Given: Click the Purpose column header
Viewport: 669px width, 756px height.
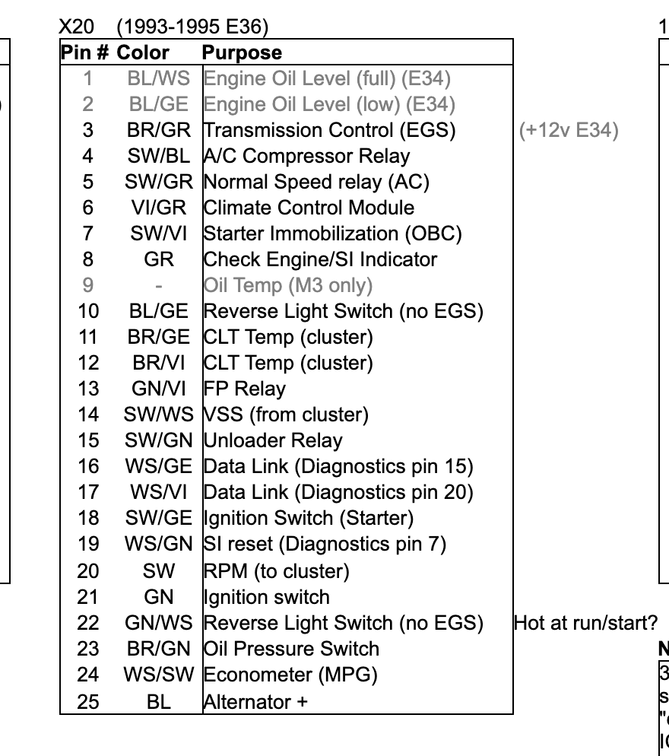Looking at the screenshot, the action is (x=242, y=52).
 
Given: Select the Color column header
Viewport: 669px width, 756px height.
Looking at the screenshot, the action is (x=143, y=52).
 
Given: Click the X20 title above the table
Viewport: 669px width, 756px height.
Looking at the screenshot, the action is (x=77, y=27).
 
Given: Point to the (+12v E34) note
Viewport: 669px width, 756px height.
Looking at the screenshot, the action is (x=569, y=130).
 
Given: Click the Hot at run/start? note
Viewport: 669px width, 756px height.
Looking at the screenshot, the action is (x=585, y=623).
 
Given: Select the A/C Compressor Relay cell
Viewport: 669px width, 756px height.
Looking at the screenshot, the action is (x=307, y=156).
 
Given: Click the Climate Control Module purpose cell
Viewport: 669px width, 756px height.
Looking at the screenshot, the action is (x=309, y=208).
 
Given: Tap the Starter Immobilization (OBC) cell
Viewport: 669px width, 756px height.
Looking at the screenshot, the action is (x=333, y=233).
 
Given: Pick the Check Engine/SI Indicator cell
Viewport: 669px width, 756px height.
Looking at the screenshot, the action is (x=321, y=259).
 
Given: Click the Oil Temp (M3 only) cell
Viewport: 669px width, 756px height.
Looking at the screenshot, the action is (x=288, y=285).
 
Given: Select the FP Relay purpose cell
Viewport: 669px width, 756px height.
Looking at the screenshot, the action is (x=245, y=389).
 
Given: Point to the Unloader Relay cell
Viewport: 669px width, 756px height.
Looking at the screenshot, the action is (x=273, y=440).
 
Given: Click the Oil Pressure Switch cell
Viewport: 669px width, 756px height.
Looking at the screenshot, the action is (x=291, y=649).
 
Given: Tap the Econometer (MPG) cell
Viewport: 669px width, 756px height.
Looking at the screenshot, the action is (x=290, y=675).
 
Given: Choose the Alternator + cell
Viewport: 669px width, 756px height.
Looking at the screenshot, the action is (x=255, y=701).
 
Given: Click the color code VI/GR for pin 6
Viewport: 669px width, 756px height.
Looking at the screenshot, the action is (x=158, y=208).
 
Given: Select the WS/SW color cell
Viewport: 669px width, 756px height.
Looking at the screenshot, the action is (x=158, y=675).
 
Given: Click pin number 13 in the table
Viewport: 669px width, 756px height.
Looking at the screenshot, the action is (x=88, y=389).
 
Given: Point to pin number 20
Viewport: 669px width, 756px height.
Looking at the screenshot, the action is (x=88, y=571).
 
